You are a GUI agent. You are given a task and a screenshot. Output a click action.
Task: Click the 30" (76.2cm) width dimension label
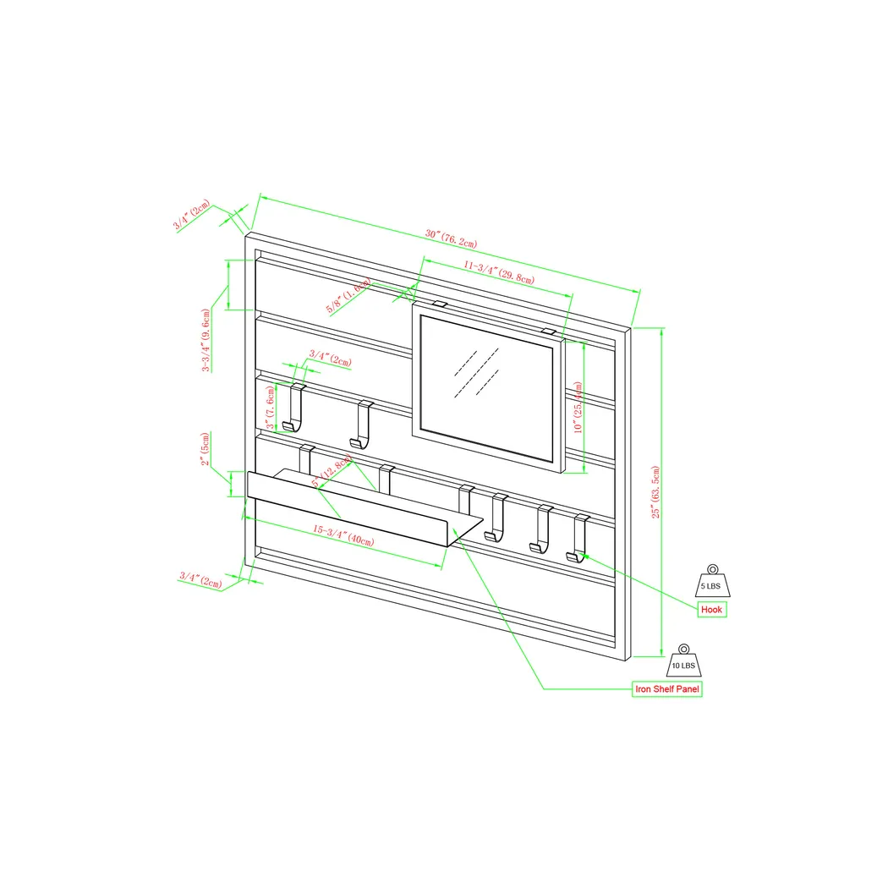tap(451, 238)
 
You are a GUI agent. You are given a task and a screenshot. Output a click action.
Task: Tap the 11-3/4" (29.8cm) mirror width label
tap(498, 271)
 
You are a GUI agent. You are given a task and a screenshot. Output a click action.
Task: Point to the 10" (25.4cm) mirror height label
tap(578, 407)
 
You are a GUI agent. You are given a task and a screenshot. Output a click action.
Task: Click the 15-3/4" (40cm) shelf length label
tap(343, 535)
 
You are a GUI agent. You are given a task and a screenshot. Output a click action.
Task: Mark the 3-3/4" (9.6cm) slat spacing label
tap(206, 339)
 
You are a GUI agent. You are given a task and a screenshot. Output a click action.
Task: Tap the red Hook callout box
tap(712, 610)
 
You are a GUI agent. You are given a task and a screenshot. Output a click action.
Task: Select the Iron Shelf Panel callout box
tap(667, 689)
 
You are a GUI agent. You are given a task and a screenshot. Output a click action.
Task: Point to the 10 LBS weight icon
tap(682, 661)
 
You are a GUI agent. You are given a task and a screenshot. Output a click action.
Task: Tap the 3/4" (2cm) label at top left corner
tap(192, 217)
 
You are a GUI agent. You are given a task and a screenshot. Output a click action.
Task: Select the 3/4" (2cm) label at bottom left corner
tap(200, 579)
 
